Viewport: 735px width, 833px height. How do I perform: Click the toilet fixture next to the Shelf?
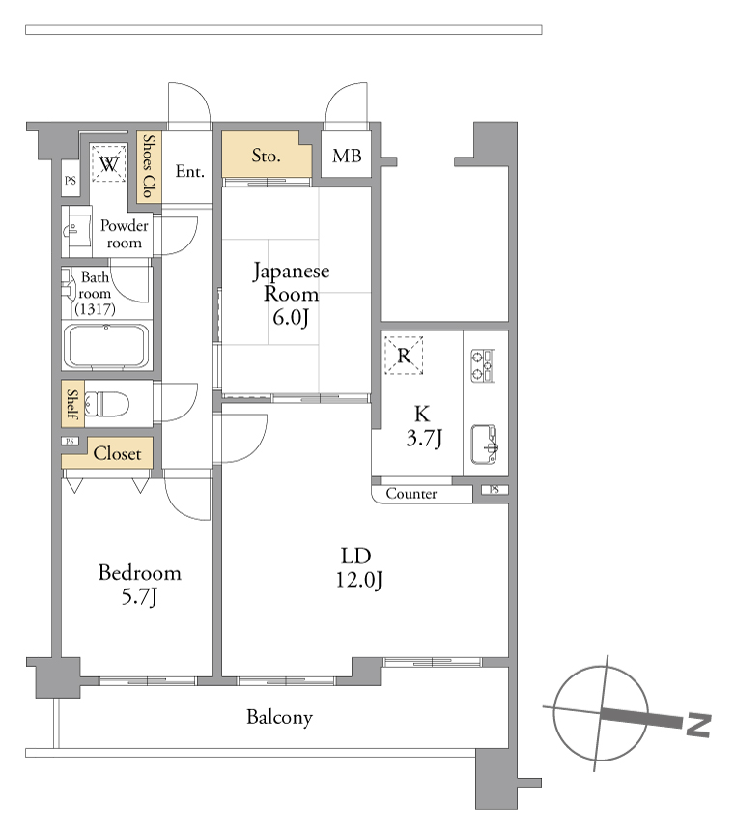tap(107, 404)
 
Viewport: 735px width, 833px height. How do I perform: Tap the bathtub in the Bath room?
tap(106, 345)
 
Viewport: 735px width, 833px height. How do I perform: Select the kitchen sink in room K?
tap(484, 445)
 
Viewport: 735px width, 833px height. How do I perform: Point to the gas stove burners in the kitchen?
tap(483, 365)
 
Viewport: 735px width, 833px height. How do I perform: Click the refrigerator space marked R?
tap(404, 356)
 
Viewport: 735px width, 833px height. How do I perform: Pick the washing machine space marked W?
tap(109, 163)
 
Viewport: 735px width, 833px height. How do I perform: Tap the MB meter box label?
tap(347, 156)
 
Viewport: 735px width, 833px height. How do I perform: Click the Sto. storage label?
tap(266, 156)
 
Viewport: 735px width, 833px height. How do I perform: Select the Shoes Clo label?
tap(150, 166)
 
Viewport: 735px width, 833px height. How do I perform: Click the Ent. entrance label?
tap(189, 171)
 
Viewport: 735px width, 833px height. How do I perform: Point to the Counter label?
tap(411, 494)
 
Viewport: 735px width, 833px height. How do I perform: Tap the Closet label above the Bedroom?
tap(117, 453)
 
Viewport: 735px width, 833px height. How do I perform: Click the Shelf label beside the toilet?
tap(72, 404)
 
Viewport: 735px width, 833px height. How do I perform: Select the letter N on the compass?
tap(698, 725)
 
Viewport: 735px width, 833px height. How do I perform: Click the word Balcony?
tap(279, 718)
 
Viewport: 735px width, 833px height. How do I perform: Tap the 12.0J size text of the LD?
tap(359, 580)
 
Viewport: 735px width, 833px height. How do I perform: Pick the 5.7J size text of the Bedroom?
tap(139, 596)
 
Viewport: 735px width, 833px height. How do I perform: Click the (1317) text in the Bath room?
tap(95, 308)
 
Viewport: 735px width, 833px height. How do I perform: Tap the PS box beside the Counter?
tap(495, 490)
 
